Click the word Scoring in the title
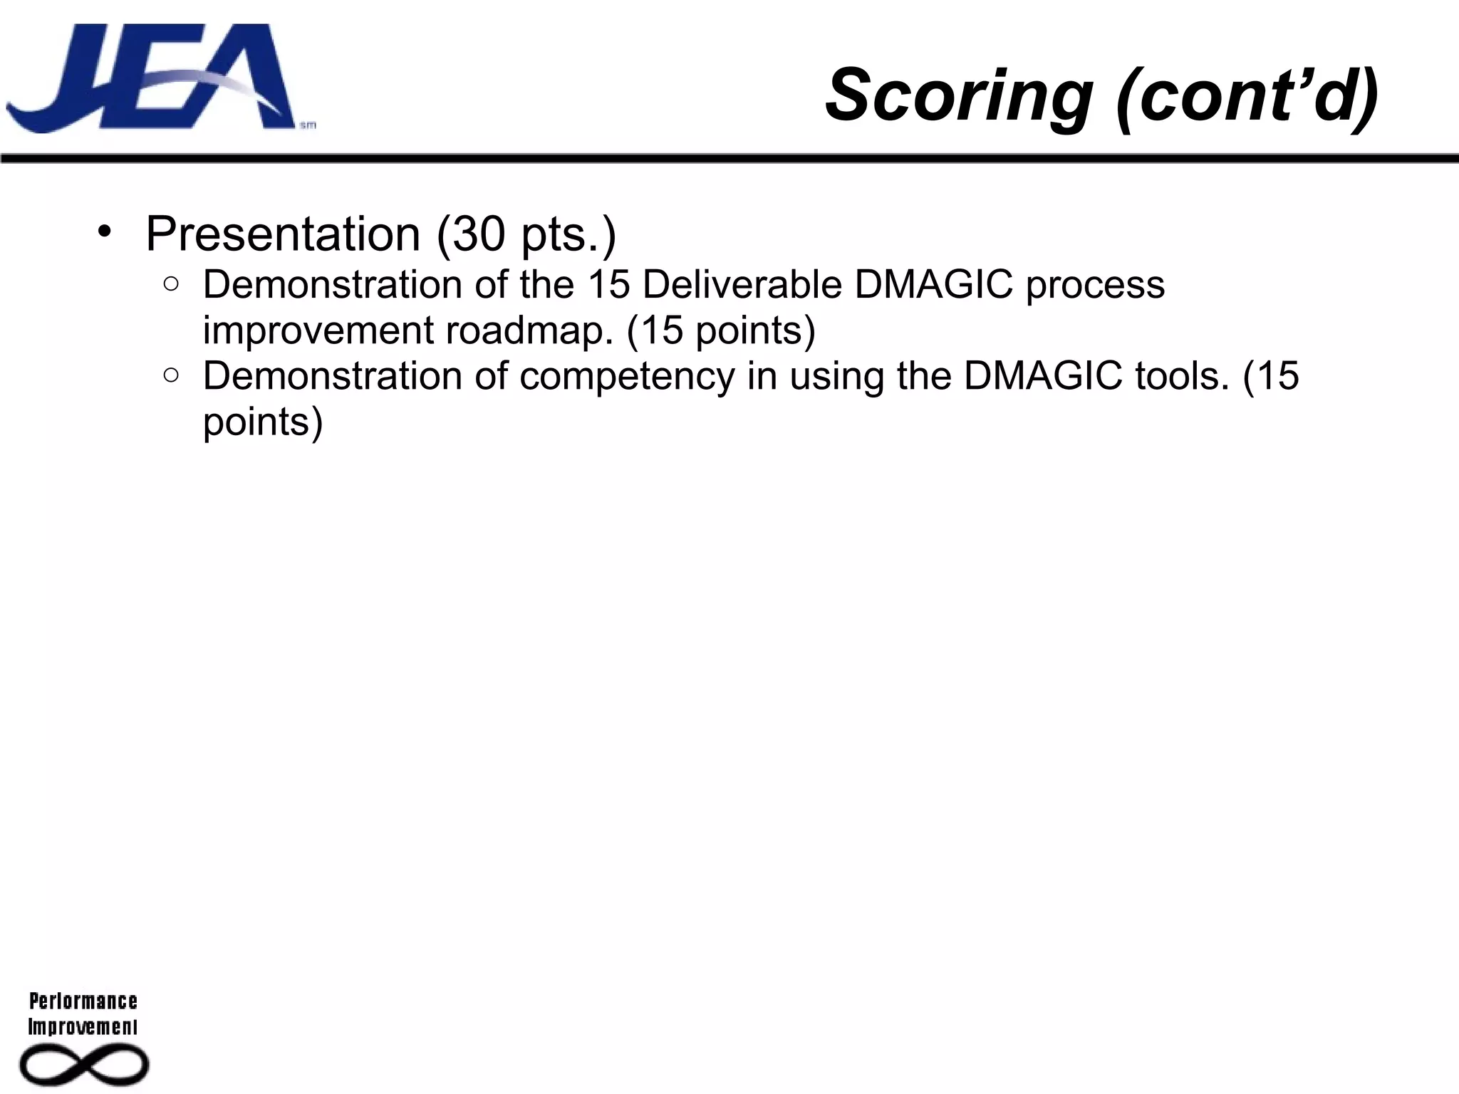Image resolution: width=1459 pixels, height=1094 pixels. pos(958,95)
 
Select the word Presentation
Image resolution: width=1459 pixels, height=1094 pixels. pos(283,234)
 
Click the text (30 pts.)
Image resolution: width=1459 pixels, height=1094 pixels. pos(526,234)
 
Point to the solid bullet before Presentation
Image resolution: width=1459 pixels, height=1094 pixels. pos(105,231)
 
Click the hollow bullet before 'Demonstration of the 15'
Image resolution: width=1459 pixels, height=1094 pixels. pos(171,284)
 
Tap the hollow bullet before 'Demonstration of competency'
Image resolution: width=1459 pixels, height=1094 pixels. pos(171,375)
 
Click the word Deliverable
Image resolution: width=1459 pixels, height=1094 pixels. pos(742,284)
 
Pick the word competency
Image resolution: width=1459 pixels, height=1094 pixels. pos(626,376)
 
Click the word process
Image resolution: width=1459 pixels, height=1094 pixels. pos(1095,285)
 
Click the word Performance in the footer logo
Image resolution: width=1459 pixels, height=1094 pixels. pos(83,1001)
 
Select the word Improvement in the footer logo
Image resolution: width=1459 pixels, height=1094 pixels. pos(83,1027)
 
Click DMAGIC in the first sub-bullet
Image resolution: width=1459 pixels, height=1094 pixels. pos(933,284)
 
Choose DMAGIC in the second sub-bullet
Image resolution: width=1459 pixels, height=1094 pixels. pos(1043,375)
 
